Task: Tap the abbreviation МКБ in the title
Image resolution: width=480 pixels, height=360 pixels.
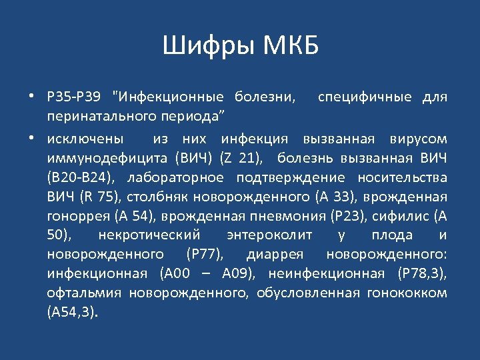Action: (x=291, y=47)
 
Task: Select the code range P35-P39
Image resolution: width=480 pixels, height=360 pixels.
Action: (x=73, y=97)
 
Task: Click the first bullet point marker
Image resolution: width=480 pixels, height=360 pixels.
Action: (x=31, y=97)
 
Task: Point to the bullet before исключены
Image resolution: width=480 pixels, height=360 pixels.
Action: (x=31, y=139)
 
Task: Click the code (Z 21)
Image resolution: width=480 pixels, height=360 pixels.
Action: (x=243, y=158)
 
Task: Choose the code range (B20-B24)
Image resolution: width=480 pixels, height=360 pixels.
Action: (x=77, y=177)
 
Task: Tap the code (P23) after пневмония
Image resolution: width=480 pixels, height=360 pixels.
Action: (x=345, y=216)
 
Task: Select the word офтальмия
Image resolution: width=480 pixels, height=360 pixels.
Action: (x=85, y=293)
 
